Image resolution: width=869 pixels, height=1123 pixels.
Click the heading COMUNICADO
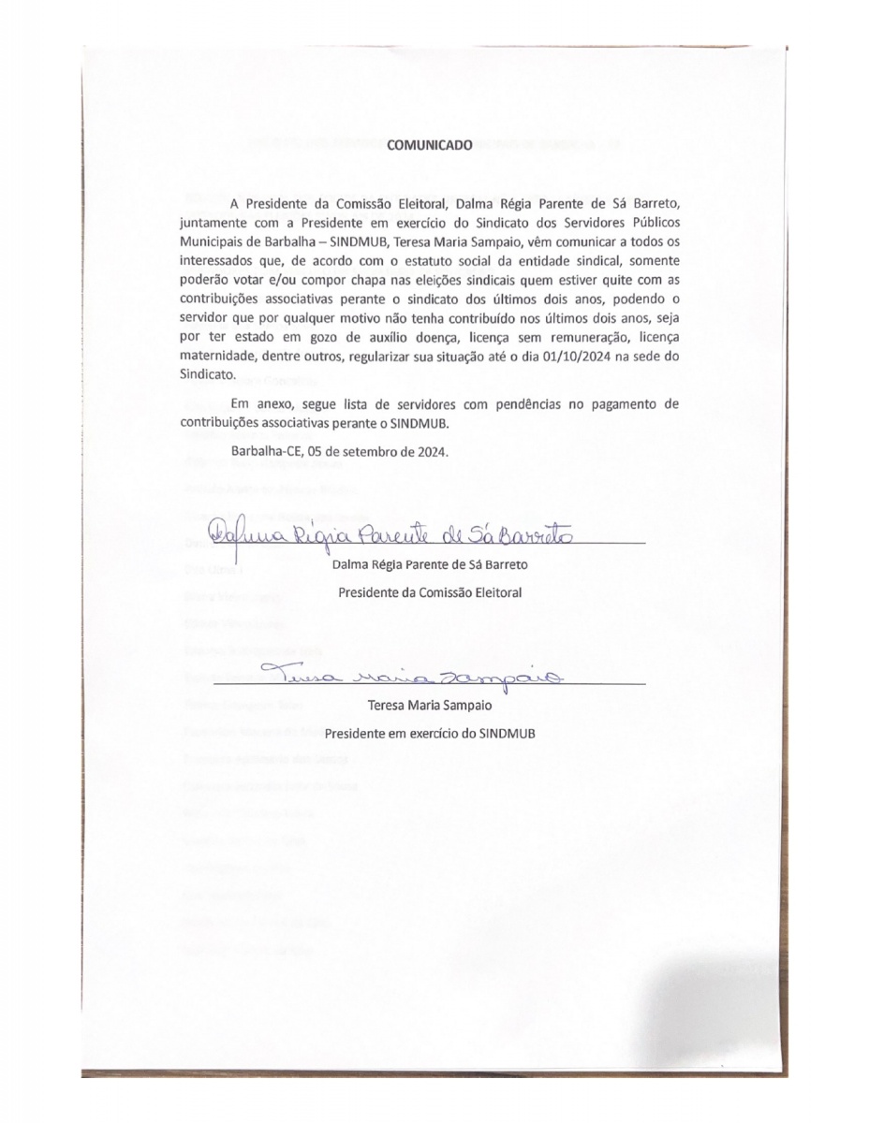pyautogui.click(x=434, y=145)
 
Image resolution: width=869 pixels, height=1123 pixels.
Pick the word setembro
pyautogui.click(x=366, y=450)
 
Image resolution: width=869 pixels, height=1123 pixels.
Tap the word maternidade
pyautogui.click(x=219, y=357)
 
